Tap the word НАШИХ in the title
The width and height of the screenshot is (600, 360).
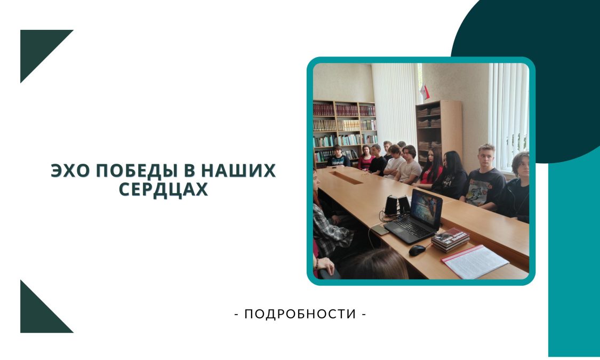tap(238, 171)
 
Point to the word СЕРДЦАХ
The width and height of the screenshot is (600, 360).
tap(163, 189)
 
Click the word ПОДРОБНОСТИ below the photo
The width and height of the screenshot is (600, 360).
tap(300, 314)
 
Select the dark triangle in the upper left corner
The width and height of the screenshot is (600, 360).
tap(38, 47)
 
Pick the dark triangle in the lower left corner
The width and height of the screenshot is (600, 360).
tap(38, 315)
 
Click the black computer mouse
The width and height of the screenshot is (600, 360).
tap(417, 250)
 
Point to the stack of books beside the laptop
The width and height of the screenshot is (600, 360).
tap(450, 240)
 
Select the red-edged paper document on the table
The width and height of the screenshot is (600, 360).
tap(475, 262)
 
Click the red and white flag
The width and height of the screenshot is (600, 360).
tap(425, 92)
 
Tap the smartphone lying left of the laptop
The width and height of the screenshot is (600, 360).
tap(379, 230)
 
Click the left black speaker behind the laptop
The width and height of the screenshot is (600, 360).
tap(390, 205)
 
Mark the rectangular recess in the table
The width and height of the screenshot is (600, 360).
tap(346, 178)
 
